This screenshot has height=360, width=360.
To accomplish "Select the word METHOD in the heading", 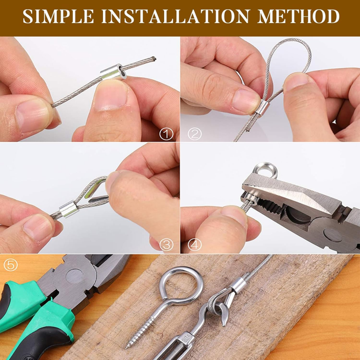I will (298, 17).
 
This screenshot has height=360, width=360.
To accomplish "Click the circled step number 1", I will (166, 135).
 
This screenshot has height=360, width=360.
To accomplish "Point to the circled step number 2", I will (195, 135).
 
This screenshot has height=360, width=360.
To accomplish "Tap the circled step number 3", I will (166, 245).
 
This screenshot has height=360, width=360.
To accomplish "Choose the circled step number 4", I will (195, 245).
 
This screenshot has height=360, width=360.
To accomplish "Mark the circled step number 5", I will (10, 265).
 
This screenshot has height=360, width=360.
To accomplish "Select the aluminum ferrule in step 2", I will (262, 108).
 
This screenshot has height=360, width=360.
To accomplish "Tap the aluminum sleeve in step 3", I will (69, 210).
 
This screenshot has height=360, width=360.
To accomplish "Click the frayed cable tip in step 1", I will (153, 58).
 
